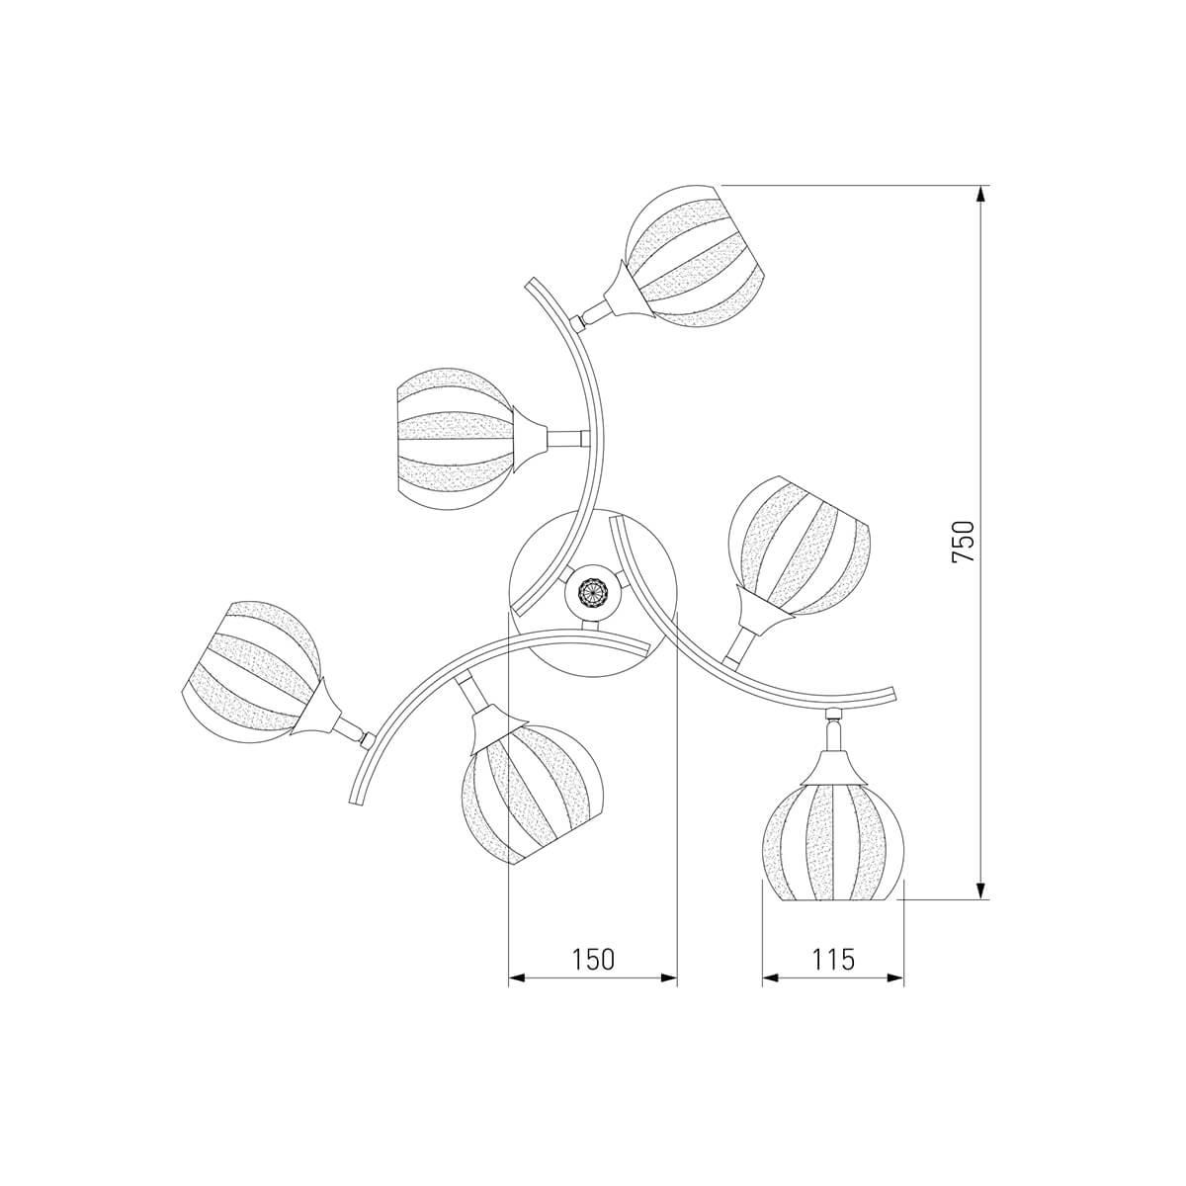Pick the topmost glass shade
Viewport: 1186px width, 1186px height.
point(696,256)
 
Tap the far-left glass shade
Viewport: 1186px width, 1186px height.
point(251,672)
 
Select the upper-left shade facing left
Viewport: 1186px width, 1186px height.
point(455,438)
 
